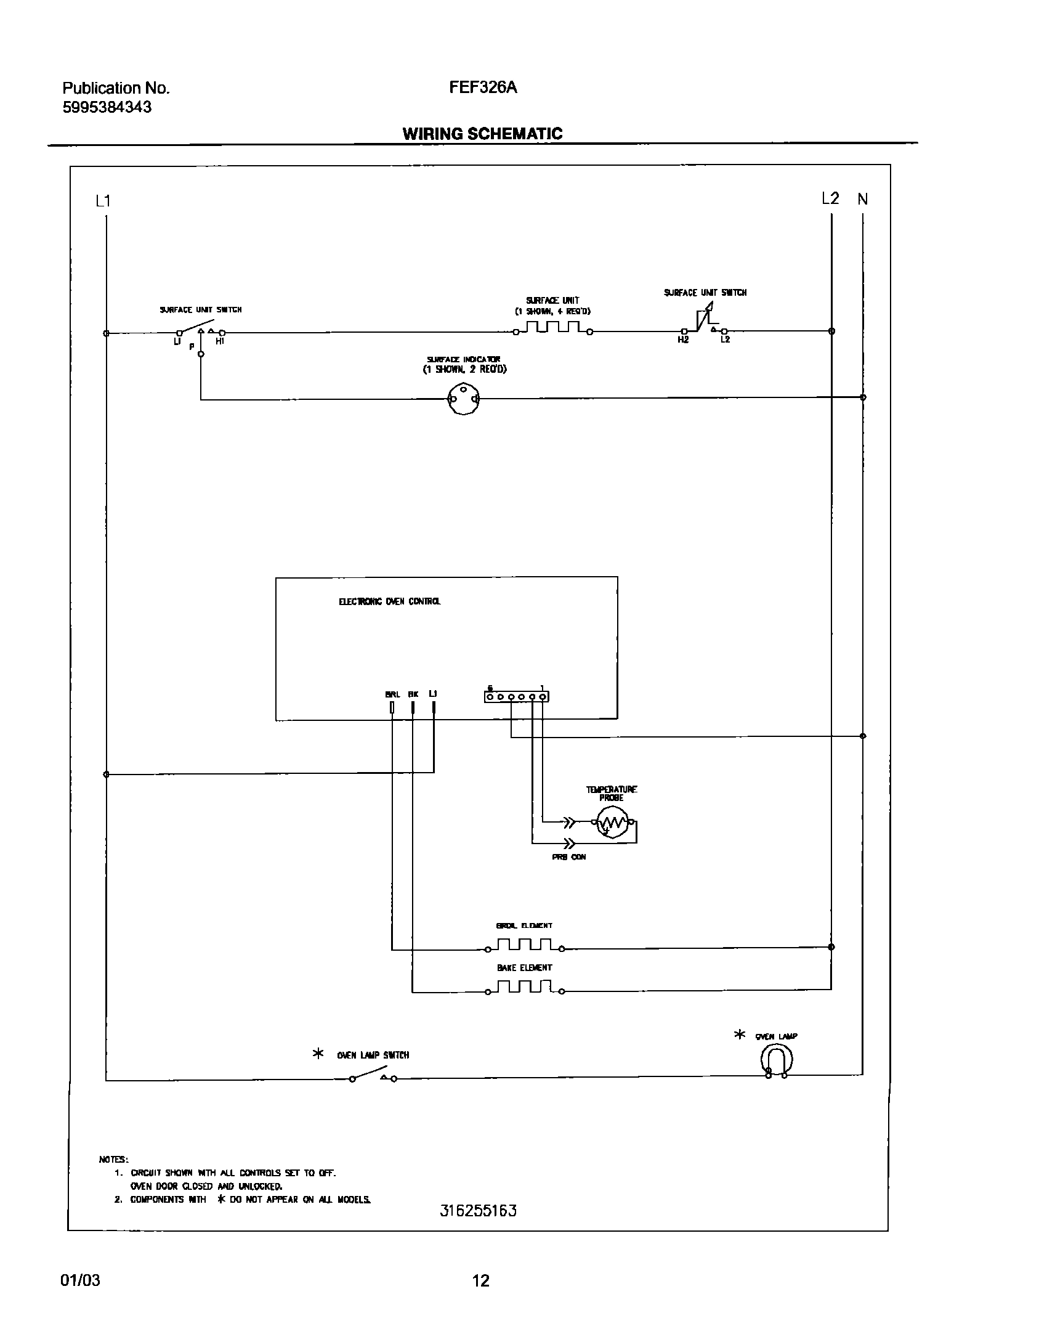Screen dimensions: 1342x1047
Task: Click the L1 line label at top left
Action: click(103, 201)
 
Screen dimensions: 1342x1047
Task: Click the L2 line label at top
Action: click(830, 198)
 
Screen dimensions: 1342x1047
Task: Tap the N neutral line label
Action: click(863, 199)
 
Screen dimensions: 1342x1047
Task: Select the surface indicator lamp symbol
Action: click(464, 399)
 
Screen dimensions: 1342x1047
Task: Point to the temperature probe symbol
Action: click(612, 823)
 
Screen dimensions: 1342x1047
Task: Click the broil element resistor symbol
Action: click(523, 945)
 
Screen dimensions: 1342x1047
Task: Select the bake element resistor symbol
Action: click(523, 987)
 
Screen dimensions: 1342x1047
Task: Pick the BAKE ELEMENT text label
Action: click(525, 968)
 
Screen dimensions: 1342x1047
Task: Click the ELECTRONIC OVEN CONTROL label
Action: click(390, 601)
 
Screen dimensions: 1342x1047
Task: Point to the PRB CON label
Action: click(568, 857)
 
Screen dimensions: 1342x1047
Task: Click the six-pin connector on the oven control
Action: click(516, 697)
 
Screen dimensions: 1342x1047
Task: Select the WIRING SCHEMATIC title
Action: click(482, 134)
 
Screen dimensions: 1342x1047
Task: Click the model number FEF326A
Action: click(483, 88)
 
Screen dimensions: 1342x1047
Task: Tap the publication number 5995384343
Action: click(107, 107)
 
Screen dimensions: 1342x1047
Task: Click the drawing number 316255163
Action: click(478, 1210)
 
